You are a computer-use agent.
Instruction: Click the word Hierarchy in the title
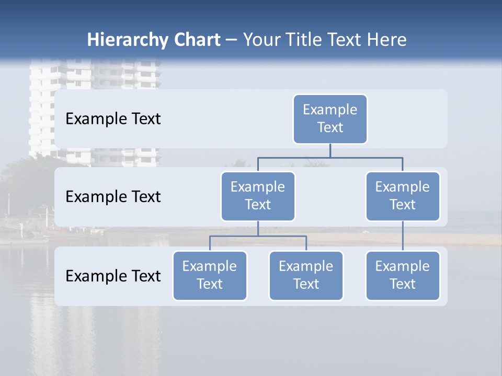(x=121, y=40)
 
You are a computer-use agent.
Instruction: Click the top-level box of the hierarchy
(x=330, y=119)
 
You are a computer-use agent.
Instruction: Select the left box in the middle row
(x=258, y=196)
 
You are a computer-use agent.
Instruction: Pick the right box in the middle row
(x=403, y=196)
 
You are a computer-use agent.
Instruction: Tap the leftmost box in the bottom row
(x=210, y=276)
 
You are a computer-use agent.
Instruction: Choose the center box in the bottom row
(x=306, y=276)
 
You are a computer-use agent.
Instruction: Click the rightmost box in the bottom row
(x=403, y=276)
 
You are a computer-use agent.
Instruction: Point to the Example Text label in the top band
(x=113, y=119)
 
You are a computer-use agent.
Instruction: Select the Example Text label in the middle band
(x=113, y=197)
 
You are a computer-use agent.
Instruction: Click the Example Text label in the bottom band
(x=113, y=276)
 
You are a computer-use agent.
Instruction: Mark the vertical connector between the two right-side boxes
(x=403, y=236)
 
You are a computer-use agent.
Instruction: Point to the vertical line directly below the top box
(x=330, y=150)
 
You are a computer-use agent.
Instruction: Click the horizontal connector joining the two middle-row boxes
(x=330, y=157)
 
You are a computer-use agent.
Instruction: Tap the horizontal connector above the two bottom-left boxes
(x=258, y=236)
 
